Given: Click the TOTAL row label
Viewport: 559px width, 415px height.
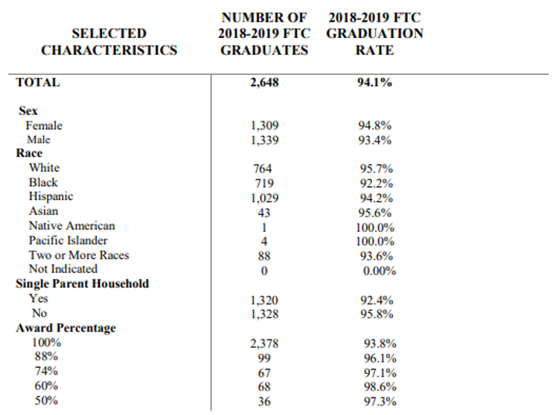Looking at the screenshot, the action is (38, 82).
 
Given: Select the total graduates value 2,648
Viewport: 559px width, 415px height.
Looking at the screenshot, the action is (264, 83).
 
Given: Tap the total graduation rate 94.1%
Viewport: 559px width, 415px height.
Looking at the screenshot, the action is (374, 83).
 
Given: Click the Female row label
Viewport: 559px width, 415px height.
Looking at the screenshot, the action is (44, 125).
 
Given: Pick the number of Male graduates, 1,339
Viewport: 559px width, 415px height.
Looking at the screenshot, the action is (264, 141).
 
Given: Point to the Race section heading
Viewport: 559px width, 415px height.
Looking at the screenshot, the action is (29, 153).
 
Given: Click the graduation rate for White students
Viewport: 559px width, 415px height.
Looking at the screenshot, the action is (376, 168).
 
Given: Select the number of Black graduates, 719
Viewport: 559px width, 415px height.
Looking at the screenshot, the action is (264, 183).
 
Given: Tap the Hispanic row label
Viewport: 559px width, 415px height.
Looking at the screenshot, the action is (51, 196).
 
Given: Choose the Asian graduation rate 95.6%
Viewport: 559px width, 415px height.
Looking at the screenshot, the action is (375, 213).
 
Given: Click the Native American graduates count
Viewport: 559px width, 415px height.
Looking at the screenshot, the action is (264, 228).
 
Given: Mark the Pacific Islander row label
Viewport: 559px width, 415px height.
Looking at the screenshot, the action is (68, 240).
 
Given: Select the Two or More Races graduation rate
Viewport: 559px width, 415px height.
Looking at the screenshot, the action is (376, 256).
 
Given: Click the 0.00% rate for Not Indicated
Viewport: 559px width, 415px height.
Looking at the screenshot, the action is (380, 271).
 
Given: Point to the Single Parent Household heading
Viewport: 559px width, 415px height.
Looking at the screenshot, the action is (83, 284).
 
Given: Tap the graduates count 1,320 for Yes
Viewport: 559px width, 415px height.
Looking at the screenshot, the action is (264, 301).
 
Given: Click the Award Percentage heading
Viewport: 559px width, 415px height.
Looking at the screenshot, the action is (66, 328).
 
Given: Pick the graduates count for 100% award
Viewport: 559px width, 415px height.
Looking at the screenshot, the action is (264, 344).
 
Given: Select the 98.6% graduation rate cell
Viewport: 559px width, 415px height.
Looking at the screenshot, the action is (380, 386).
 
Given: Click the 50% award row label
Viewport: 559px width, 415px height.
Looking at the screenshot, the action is (46, 400).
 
